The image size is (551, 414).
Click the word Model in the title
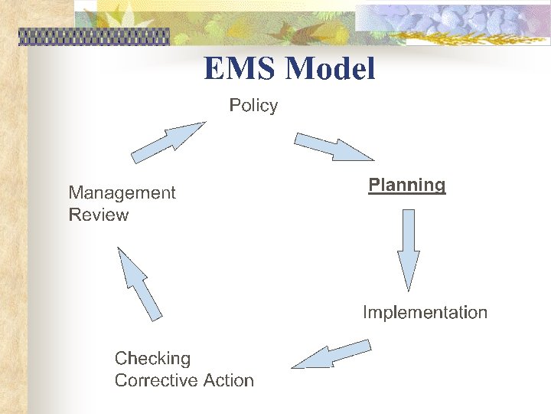click(x=331, y=69)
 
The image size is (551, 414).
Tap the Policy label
click(x=253, y=105)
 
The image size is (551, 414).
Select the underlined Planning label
click(x=406, y=185)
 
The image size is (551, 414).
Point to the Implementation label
click(x=425, y=312)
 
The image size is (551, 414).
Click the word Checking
click(x=152, y=358)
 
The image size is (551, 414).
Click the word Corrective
click(x=157, y=380)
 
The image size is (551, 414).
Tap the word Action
click(x=229, y=380)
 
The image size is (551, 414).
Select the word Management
click(x=122, y=192)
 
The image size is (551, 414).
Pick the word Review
click(x=99, y=215)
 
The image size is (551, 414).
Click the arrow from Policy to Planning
click(x=334, y=146)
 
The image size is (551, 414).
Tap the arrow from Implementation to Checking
click(x=331, y=354)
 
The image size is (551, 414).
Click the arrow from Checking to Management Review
click(x=139, y=282)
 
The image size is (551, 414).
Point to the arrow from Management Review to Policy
click(x=168, y=143)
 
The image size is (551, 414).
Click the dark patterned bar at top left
click(x=93, y=37)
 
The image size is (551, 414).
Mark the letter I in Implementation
click(x=365, y=312)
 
